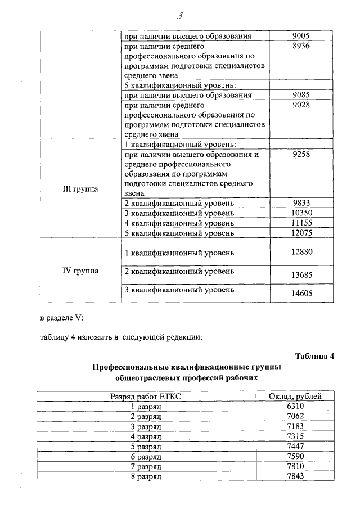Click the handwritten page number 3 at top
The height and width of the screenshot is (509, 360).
click(180, 15)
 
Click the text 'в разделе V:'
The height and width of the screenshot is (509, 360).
click(62, 318)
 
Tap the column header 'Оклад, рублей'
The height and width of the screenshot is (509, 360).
click(295, 397)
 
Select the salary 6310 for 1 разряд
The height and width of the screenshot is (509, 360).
click(295, 406)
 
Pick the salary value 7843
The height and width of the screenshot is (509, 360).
click(295, 476)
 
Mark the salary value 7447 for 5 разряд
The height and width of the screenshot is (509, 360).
click(295, 447)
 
